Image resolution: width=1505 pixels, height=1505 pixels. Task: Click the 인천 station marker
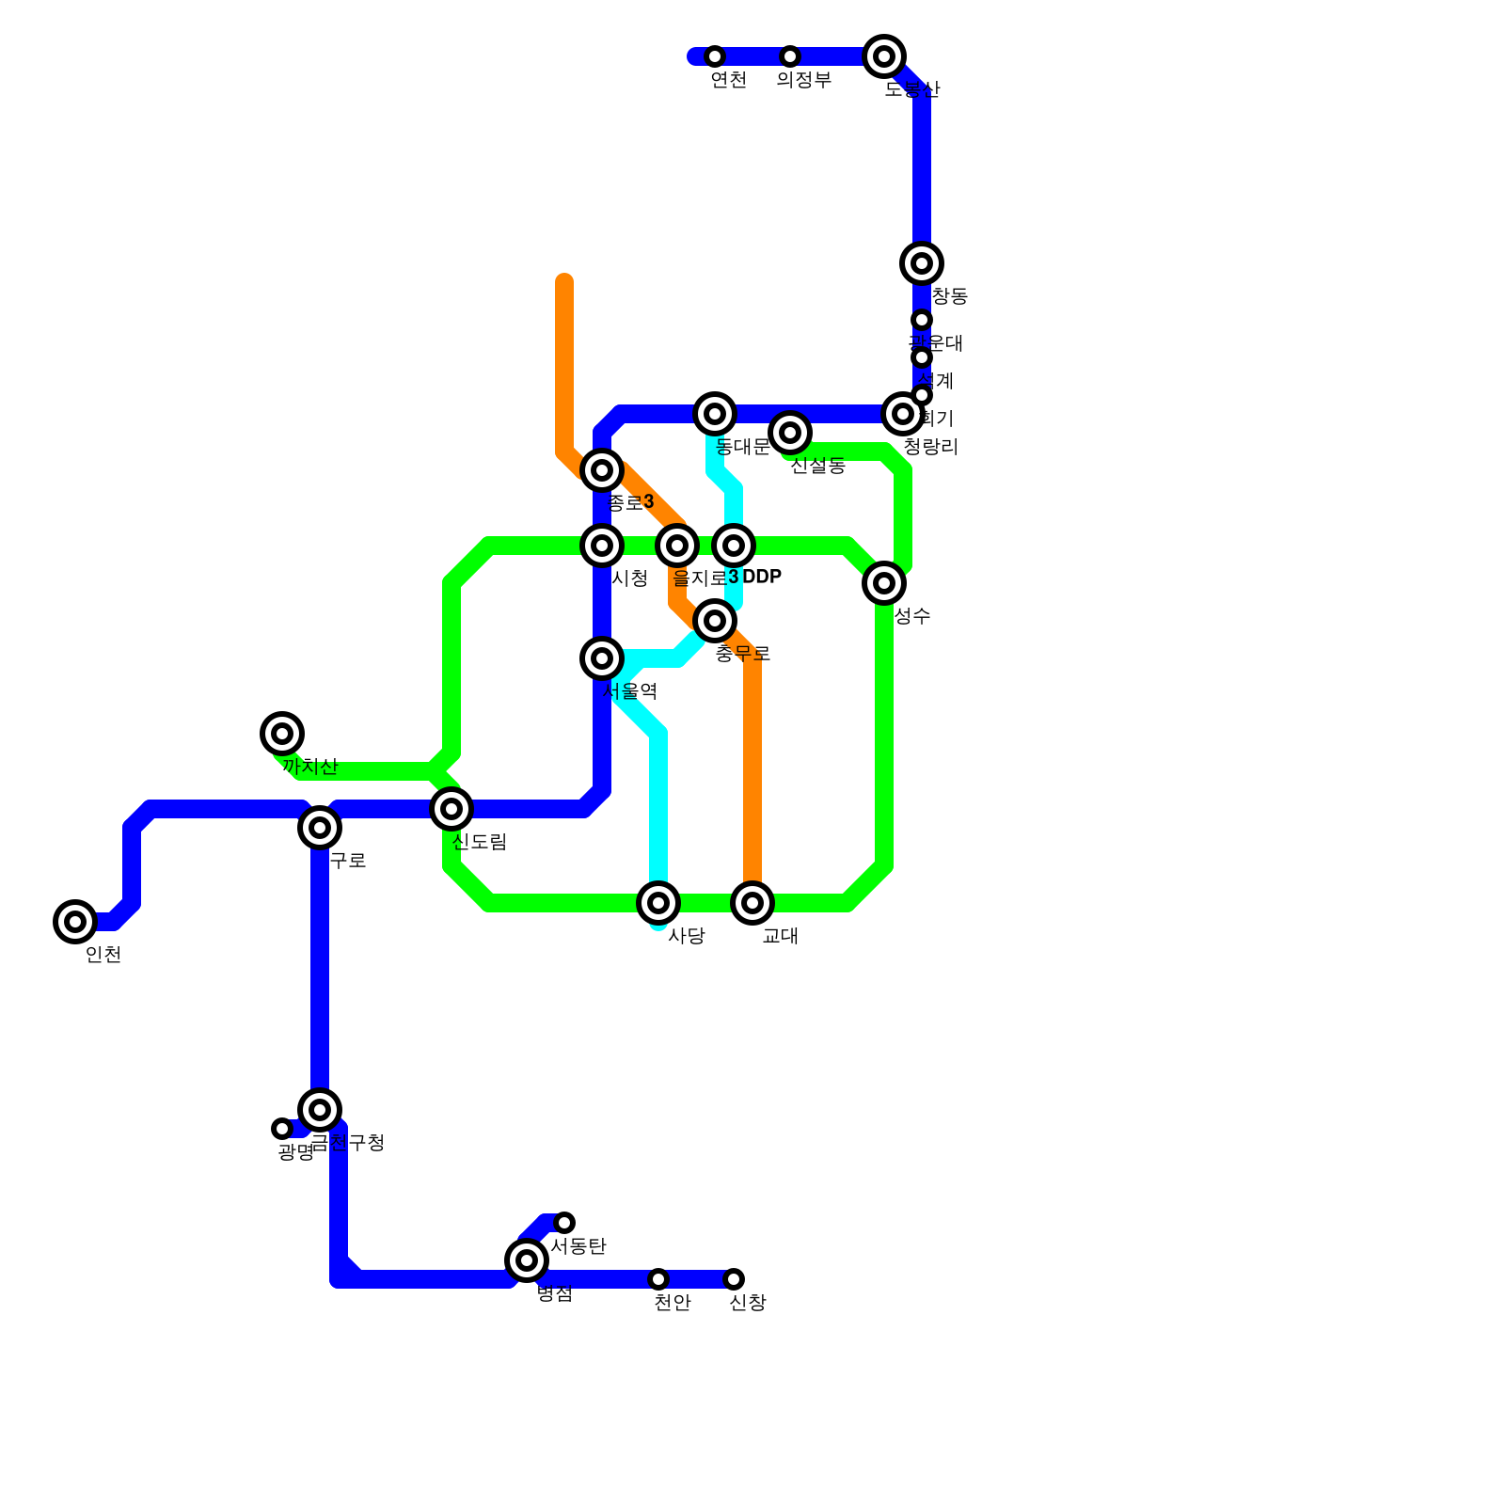[x=75, y=922]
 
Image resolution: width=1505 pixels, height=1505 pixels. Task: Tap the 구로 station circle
[x=320, y=828]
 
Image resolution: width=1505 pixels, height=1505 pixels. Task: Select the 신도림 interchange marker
[x=451, y=808]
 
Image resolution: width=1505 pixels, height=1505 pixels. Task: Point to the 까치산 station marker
[x=281, y=734]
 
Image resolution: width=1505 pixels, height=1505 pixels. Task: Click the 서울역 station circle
[x=602, y=658]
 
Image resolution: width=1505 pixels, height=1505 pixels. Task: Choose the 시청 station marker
[x=602, y=546]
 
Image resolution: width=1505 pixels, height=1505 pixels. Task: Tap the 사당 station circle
[x=658, y=903]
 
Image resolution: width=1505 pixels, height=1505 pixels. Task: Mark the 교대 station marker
[x=752, y=903]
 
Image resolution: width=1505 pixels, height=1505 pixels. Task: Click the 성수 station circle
[x=884, y=583]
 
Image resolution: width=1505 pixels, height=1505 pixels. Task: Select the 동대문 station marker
[x=715, y=414]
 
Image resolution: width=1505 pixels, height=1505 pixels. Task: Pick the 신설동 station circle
[x=790, y=433]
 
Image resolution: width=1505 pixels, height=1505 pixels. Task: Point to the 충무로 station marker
[x=715, y=621]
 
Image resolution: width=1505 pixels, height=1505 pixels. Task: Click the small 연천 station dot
[x=715, y=56]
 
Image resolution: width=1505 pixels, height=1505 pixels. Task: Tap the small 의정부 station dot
[x=790, y=56]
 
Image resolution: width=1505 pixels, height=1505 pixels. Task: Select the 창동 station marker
[x=922, y=263]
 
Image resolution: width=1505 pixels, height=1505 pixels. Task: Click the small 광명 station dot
[x=282, y=1129]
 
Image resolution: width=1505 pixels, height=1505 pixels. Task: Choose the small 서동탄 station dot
[x=564, y=1223]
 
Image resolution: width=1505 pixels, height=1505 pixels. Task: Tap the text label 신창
[x=748, y=1303]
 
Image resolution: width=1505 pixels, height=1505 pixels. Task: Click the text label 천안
[x=673, y=1303]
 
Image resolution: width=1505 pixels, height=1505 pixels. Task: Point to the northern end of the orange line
[x=564, y=279]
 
